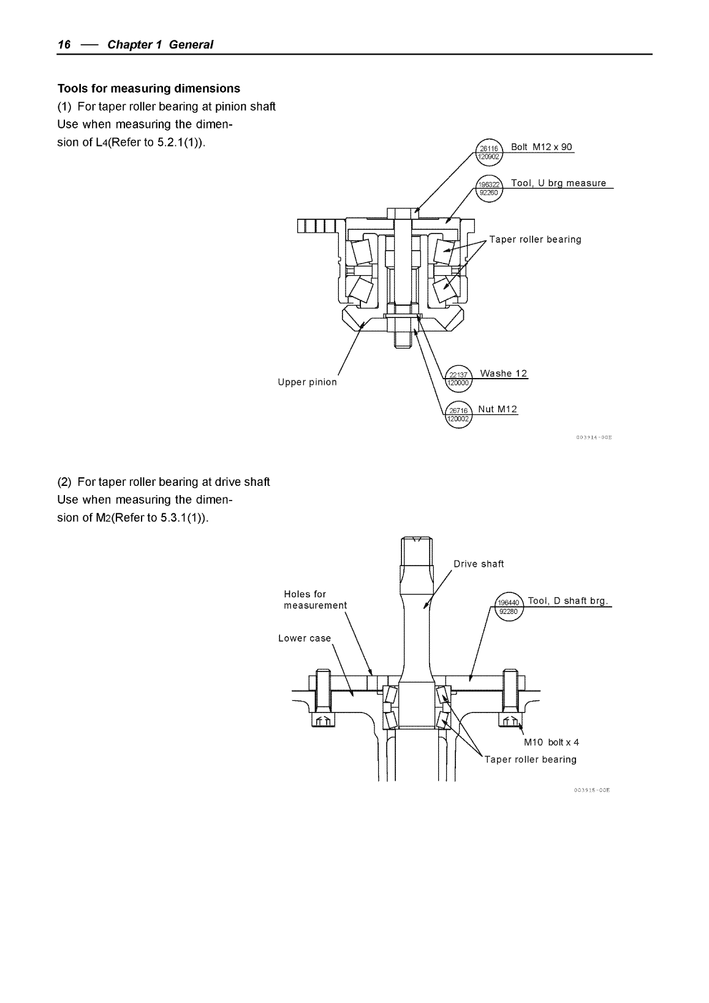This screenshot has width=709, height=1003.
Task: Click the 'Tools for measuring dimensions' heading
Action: [148, 88]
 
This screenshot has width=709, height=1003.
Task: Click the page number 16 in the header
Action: [64, 45]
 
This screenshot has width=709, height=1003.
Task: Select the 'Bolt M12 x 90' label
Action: [541, 147]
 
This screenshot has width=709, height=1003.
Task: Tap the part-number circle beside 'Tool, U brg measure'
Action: [490, 187]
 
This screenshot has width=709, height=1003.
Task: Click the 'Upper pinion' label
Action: [307, 382]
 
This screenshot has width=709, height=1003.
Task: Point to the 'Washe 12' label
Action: [503, 374]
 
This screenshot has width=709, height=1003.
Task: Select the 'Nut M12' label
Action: [497, 409]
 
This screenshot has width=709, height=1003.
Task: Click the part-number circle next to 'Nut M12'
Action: [457, 415]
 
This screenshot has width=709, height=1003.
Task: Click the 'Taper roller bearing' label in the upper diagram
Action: [535, 240]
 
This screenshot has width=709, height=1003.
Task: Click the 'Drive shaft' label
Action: [479, 564]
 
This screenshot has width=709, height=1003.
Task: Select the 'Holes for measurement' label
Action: [315, 600]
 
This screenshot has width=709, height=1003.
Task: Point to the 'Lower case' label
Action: [304, 638]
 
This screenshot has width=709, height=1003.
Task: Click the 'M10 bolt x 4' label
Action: [551, 743]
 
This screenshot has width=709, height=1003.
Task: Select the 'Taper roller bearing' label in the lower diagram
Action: [530, 760]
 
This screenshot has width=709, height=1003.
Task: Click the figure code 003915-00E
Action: [592, 791]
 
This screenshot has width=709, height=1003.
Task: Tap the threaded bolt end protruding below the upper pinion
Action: [401, 338]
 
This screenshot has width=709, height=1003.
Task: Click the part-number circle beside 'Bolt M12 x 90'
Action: [490, 152]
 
